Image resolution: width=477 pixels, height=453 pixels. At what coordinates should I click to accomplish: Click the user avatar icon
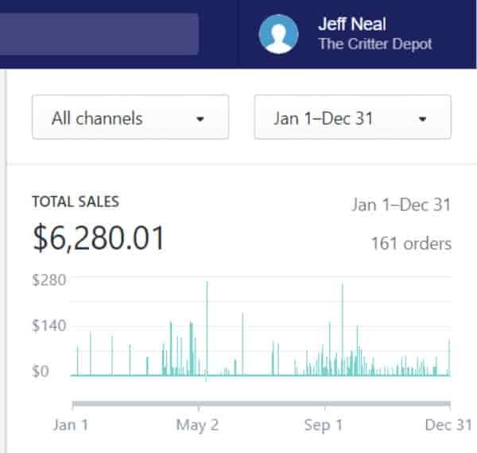[x=278, y=34]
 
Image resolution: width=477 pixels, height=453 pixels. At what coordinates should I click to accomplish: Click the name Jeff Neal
[x=352, y=24]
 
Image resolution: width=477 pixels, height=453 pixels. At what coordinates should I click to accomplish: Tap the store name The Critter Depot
[x=375, y=44]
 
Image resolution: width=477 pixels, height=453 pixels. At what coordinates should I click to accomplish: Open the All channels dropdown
[x=130, y=117]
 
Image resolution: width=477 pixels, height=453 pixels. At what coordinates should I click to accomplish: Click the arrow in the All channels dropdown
[x=200, y=119]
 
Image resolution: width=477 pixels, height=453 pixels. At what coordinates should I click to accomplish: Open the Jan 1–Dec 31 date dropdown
[x=352, y=117]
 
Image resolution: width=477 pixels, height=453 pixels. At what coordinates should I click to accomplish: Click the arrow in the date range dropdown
[x=422, y=119]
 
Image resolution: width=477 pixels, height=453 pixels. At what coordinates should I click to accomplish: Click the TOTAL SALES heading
[x=76, y=201]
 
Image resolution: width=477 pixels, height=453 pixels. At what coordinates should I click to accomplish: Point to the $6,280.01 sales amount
[x=99, y=238]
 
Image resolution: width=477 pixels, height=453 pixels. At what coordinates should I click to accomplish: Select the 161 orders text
[x=411, y=244]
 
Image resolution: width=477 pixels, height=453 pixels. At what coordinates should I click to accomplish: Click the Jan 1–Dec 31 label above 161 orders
[x=401, y=205]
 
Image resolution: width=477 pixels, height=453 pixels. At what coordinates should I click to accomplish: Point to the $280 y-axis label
[x=49, y=280]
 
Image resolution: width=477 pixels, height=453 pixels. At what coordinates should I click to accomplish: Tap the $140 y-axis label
[x=49, y=326]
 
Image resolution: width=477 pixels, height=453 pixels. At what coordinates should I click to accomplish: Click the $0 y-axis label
[x=41, y=371]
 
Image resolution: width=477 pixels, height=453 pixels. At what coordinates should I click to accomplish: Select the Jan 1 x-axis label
[x=71, y=424]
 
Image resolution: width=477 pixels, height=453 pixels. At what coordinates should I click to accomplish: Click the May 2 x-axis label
[x=197, y=425]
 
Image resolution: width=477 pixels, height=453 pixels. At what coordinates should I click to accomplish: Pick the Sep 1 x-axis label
[x=324, y=424]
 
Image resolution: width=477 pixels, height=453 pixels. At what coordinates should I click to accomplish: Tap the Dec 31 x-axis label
[x=448, y=424]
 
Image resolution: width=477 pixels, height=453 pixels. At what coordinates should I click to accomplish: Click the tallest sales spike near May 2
[x=207, y=328]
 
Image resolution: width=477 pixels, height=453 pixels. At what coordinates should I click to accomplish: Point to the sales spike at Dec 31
[x=449, y=357]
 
